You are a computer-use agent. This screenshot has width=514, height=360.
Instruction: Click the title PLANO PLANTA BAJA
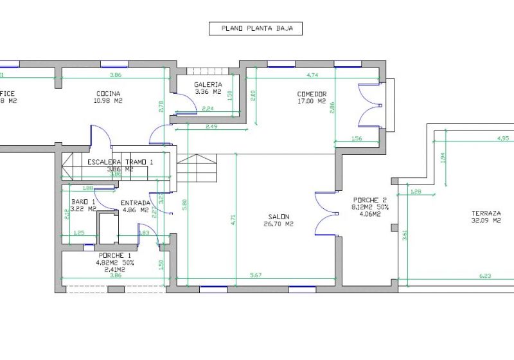[255, 28]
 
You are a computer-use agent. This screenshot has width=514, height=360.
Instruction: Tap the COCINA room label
[107, 93]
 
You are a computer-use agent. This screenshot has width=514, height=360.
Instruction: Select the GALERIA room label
[208, 84]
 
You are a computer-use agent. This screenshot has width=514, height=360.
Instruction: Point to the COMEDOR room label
[312, 94]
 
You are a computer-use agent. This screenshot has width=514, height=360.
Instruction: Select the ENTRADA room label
[136, 203]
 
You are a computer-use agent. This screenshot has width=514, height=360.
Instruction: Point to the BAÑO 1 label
[84, 202]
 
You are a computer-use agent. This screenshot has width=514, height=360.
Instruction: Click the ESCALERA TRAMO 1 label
[120, 162]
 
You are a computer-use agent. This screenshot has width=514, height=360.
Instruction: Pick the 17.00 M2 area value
[312, 101]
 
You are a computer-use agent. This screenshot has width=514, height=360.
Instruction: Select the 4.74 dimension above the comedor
[313, 75]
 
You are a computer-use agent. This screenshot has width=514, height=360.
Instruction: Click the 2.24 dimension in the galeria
[208, 109]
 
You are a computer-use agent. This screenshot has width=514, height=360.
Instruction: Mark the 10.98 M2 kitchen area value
[107, 101]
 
